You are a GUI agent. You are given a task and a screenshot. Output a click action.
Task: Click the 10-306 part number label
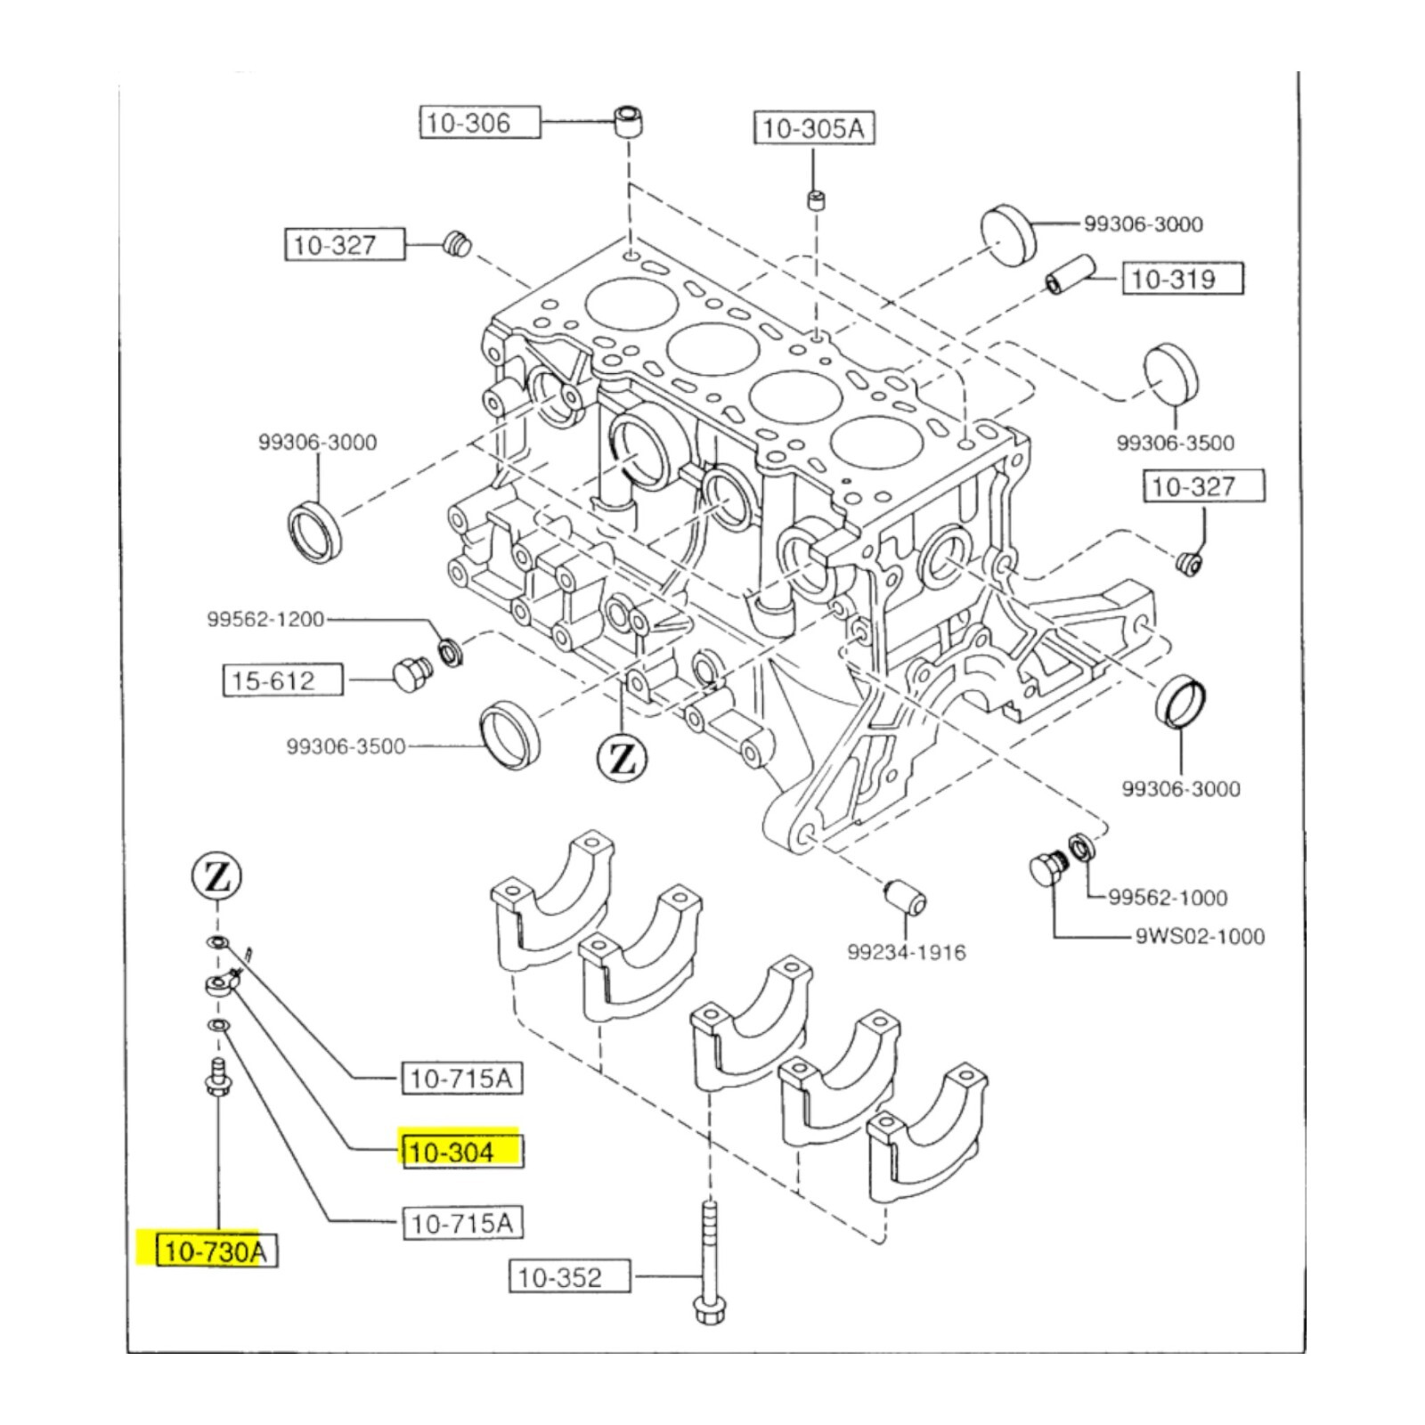[x=480, y=122]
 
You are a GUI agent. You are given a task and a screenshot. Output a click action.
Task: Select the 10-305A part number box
[x=814, y=128]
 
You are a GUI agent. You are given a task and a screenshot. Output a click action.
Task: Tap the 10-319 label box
[x=1182, y=279]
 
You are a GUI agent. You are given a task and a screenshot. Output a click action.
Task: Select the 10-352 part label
[x=569, y=1276]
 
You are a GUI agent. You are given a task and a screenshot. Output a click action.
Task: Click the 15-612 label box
[x=282, y=680]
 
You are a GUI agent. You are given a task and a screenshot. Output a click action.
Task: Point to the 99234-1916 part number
[x=906, y=952]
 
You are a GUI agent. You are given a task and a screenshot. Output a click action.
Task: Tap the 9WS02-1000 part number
[x=1200, y=936]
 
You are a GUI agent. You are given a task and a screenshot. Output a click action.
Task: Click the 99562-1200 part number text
[x=265, y=619]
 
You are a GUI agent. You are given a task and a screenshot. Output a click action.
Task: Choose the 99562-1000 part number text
[x=1168, y=897]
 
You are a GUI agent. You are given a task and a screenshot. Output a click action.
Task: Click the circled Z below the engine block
[x=622, y=759]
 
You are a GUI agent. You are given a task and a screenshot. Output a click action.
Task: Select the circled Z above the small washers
[x=217, y=878]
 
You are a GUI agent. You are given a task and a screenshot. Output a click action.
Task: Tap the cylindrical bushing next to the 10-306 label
[x=630, y=120]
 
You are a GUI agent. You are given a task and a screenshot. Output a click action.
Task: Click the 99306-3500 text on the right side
[x=1176, y=443]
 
